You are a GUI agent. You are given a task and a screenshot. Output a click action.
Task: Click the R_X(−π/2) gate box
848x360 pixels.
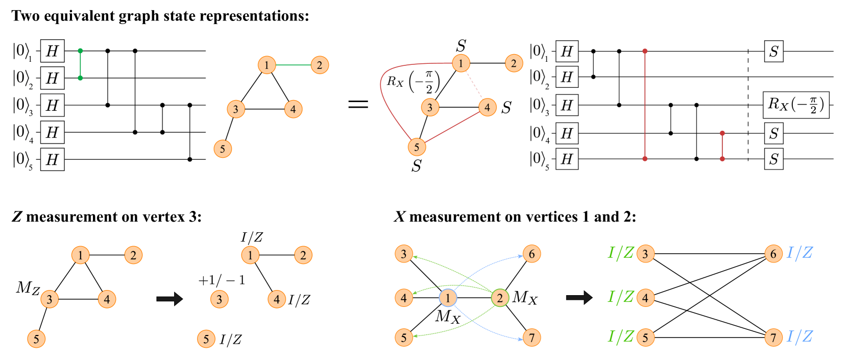pyautogui.click(x=796, y=105)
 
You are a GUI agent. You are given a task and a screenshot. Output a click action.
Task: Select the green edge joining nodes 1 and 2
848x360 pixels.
pyautogui.click(x=293, y=65)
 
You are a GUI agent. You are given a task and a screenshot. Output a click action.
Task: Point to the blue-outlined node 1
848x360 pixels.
pyautogui.click(x=448, y=298)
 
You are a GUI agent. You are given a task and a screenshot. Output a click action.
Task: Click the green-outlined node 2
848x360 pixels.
pyautogui.click(x=500, y=298)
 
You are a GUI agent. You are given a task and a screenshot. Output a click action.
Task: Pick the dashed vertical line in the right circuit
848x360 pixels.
pyautogui.click(x=748, y=105)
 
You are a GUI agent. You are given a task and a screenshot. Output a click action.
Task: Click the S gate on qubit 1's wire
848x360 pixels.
pyautogui.click(x=773, y=51)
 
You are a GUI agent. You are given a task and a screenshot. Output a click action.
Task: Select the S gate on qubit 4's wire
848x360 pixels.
pyautogui.click(x=773, y=133)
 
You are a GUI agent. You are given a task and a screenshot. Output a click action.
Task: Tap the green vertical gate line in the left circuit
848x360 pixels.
pyautogui.click(x=80, y=64)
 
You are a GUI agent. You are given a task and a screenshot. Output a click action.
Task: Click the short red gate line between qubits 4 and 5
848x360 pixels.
pyautogui.click(x=722, y=146)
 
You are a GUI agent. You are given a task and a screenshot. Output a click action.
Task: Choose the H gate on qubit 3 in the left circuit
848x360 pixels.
pyautogui.click(x=52, y=105)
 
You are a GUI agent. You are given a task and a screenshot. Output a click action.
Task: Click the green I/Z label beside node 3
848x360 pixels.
pyautogui.click(x=621, y=253)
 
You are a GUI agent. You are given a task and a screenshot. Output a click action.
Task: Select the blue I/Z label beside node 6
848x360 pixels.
pyautogui.click(x=799, y=253)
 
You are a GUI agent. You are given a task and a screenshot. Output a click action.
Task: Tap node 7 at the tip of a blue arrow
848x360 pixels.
pyautogui.click(x=531, y=338)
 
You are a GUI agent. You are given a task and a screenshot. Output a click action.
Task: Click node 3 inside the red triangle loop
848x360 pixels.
pyautogui.click(x=430, y=107)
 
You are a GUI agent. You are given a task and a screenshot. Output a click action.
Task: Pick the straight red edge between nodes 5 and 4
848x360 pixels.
pyautogui.click(x=452, y=128)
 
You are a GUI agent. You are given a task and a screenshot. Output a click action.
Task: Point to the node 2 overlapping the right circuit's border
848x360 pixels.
pyautogui.click(x=514, y=63)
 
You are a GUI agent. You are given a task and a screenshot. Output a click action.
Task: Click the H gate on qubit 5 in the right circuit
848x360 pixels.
pyautogui.click(x=567, y=159)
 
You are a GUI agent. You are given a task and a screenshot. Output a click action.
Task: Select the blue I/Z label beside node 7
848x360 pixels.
pyautogui.click(x=799, y=337)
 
